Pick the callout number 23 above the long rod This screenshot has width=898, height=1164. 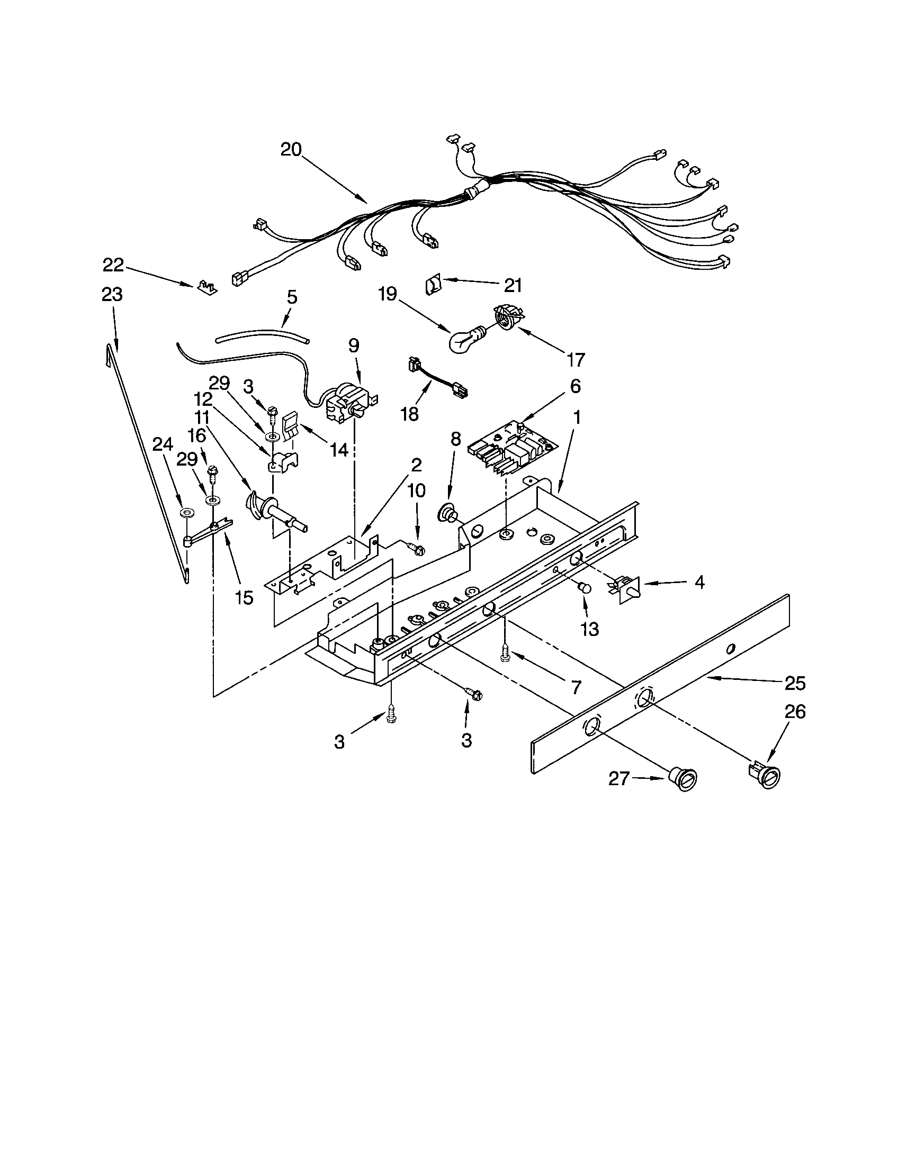[112, 294]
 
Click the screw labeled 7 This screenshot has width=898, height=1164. [505, 653]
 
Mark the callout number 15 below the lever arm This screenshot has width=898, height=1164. [244, 597]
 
